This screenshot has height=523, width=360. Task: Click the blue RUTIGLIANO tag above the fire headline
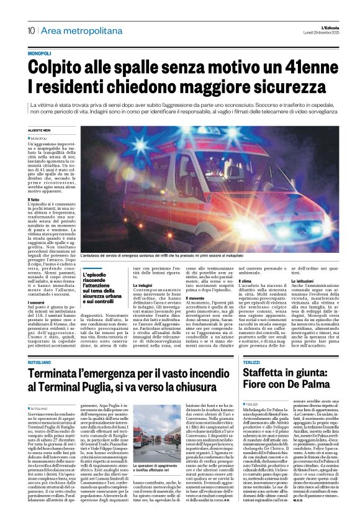click(41, 344)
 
